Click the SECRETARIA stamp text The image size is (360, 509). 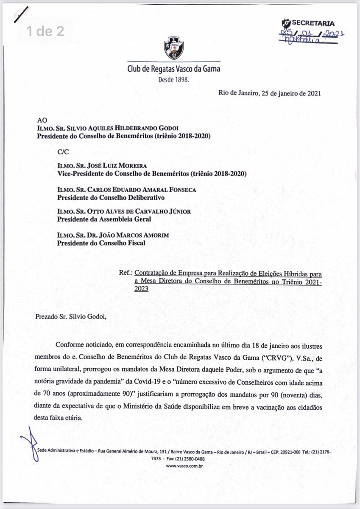coord(314,24)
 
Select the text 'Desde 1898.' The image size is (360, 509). coord(174,79)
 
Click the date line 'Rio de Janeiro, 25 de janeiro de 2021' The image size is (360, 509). coord(270,94)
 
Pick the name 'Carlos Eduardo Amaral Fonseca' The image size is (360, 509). coord(127,190)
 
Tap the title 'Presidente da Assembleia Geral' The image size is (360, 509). coord(104,219)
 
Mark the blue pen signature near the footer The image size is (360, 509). coord(29,443)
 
